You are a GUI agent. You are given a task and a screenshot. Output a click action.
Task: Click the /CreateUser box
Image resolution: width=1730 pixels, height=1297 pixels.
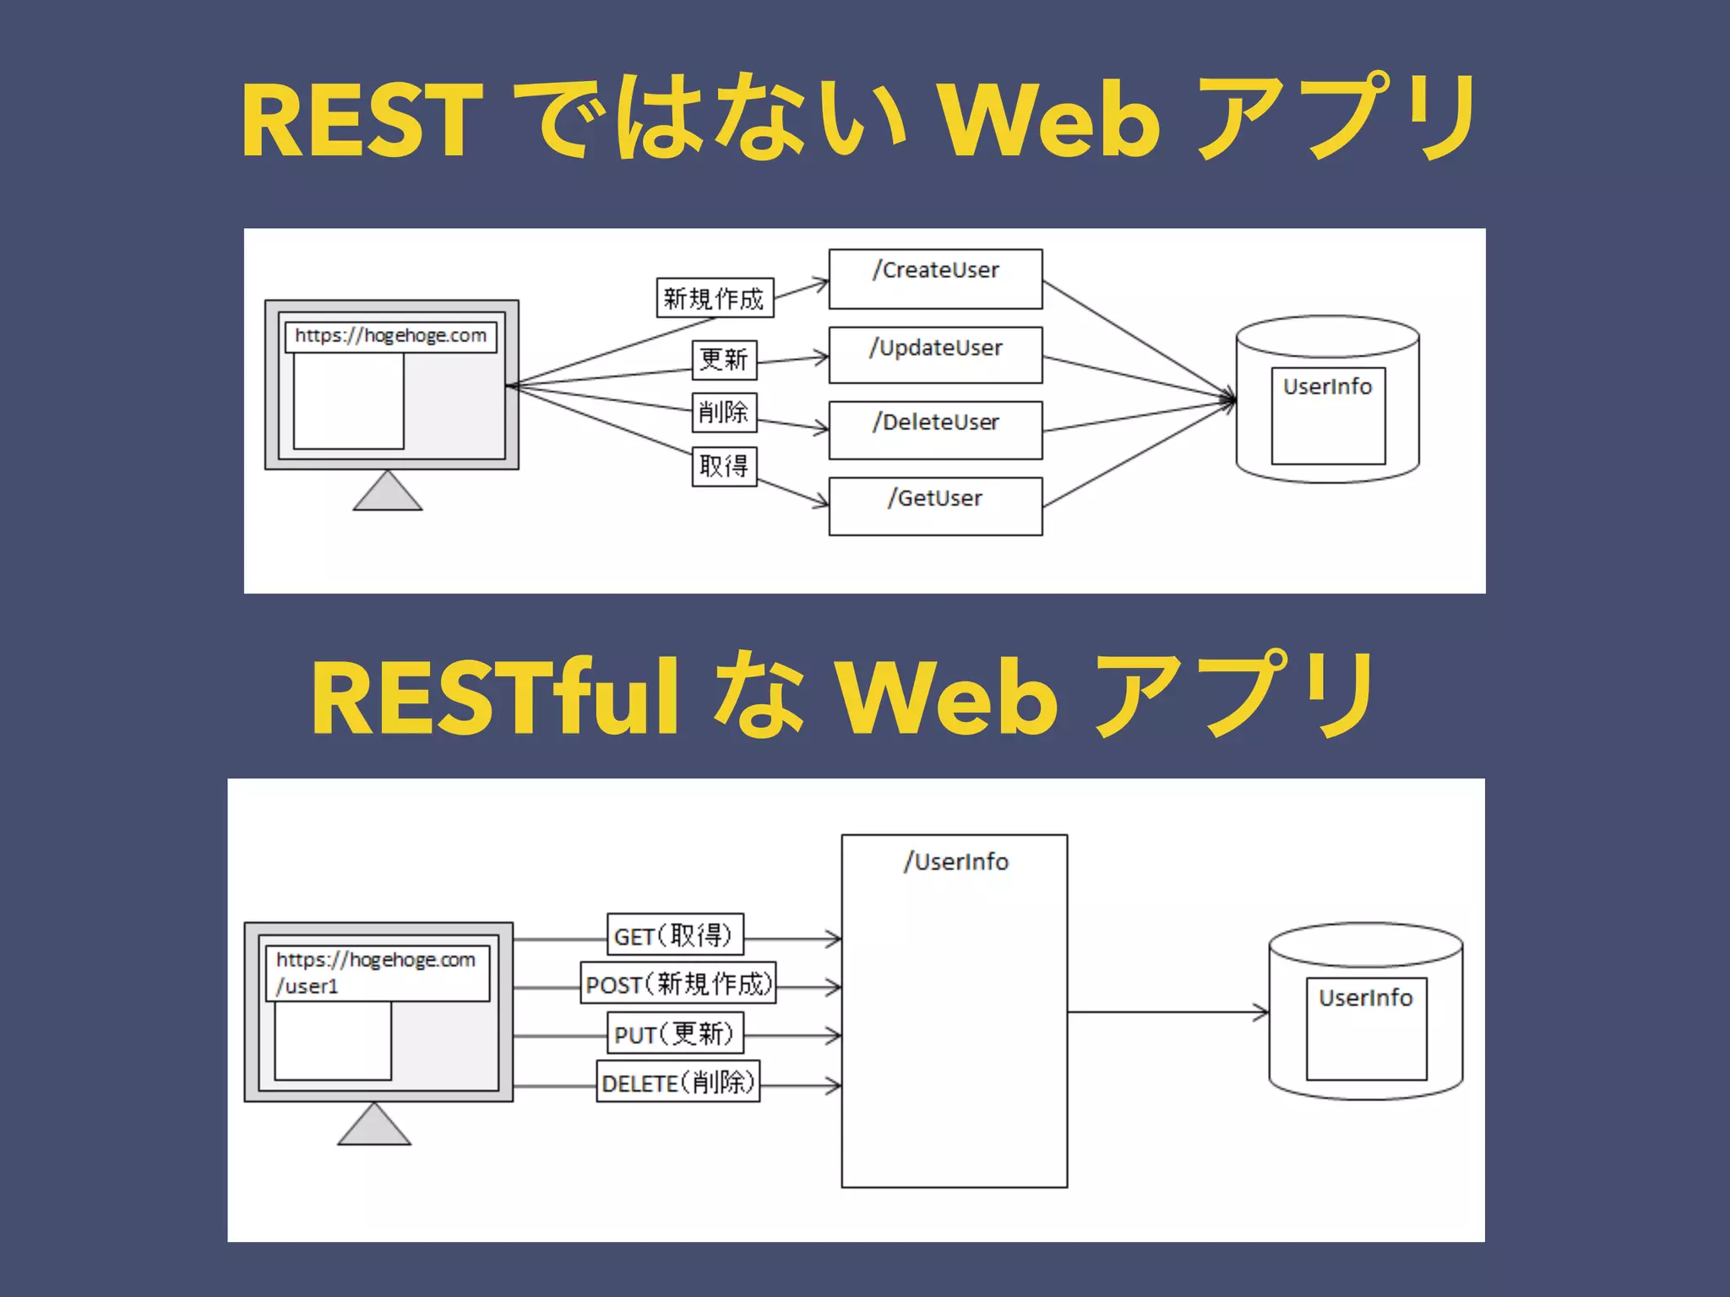point(935,279)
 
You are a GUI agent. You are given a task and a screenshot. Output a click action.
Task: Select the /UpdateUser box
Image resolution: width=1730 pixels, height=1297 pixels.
point(935,355)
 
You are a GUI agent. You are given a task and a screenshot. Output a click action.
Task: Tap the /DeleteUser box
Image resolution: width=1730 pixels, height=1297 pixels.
point(935,430)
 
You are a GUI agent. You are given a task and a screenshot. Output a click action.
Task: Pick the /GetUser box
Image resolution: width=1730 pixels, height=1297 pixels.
point(935,506)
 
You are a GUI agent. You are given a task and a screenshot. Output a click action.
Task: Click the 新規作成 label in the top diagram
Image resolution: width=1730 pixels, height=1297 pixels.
point(715,298)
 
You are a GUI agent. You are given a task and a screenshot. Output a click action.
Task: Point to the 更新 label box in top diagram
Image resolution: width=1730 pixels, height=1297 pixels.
point(724,360)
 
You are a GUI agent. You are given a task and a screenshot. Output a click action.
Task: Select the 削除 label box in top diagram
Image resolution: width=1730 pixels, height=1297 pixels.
point(724,412)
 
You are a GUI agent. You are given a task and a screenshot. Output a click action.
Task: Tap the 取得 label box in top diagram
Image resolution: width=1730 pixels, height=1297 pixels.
point(724,466)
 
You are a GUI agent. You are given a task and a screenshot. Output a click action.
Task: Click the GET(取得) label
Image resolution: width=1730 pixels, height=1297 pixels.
point(675,935)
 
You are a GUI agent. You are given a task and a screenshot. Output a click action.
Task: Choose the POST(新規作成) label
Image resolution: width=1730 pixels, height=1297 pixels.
point(678,984)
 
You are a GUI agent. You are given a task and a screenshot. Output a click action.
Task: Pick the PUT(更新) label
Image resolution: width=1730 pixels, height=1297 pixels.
point(675,1034)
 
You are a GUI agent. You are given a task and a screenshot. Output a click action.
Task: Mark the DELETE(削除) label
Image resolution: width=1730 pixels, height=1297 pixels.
point(678,1083)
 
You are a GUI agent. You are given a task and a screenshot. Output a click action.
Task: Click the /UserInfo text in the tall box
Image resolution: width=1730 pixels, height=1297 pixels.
point(955,862)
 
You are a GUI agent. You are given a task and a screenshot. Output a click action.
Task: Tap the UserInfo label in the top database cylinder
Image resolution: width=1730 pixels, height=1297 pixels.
point(1327,387)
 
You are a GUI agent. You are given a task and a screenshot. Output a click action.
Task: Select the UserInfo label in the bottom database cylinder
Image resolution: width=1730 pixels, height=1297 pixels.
point(1365,998)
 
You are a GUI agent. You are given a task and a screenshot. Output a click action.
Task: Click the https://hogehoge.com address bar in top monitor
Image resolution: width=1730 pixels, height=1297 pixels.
point(390,336)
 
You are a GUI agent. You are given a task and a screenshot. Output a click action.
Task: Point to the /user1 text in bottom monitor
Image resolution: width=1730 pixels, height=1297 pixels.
point(307,986)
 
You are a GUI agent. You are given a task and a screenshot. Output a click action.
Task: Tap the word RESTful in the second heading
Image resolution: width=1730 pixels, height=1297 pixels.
point(494,697)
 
